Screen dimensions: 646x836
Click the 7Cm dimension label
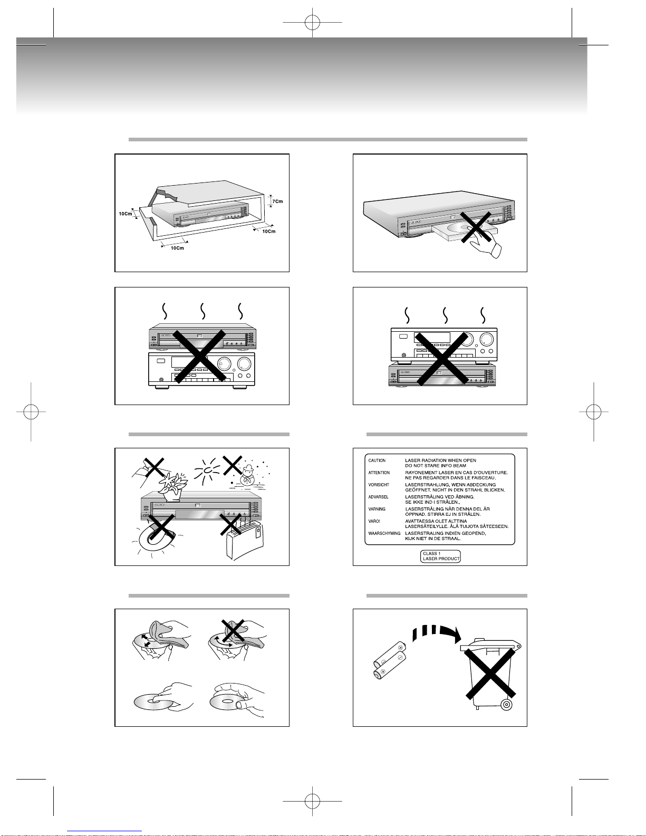coord(277,201)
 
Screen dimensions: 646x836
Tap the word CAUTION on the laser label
coord(377,460)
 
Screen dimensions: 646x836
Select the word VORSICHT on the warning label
coord(379,485)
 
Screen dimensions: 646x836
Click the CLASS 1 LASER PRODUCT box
coord(440,556)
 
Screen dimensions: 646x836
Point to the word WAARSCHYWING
coord(384,533)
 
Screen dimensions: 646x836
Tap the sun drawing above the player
coord(208,470)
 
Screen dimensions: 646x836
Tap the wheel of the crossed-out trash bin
coord(506,705)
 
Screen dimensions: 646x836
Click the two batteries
coord(390,660)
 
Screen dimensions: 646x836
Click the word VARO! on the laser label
coord(374,521)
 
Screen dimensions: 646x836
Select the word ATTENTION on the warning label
coord(379,473)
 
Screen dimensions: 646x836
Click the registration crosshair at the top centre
coord(312,22)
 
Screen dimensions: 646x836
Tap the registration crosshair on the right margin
coord(594,411)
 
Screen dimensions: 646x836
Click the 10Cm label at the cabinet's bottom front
coord(177,248)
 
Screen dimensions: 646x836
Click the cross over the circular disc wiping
coord(233,633)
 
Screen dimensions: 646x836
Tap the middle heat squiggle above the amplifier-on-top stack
coord(445,315)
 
